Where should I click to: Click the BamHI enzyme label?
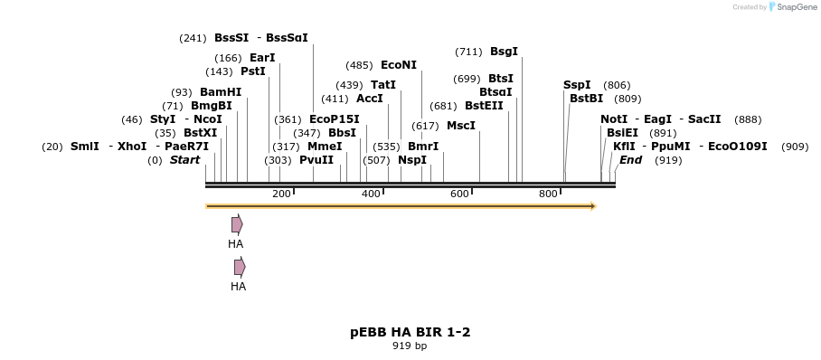pyautogui.click(x=221, y=92)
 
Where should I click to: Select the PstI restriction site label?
pyautogui.click(x=253, y=71)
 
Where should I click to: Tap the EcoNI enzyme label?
pyautogui.click(x=399, y=65)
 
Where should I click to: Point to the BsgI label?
pyautogui.click(x=505, y=52)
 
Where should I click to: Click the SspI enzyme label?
pyautogui.click(x=577, y=85)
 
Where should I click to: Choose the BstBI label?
pyautogui.click(x=586, y=99)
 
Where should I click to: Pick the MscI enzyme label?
pyautogui.click(x=461, y=126)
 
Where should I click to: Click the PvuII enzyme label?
pyautogui.click(x=316, y=160)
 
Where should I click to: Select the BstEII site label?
pyautogui.click(x=484, y=106)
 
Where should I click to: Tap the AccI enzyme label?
pyautogui.click(x=370, y=99)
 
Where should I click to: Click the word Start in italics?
pyautogui.click(x=184, y=160)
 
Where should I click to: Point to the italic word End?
pyautogui.click(x=630, y=160)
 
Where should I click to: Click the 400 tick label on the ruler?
pyautogui.click(x=371, y=194)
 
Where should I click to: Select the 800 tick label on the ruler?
pyautogui.click(x=548, y=194)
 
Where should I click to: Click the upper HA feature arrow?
pyautogui.click(x=237, y=224)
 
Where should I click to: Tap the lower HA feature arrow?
pyautogui.click(x=240, y=267)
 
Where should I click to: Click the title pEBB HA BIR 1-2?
pyautogui.click(x=410, y=332)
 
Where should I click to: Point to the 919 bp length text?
pyautogui.click(x=410, y=346)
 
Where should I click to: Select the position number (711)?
pyautogui.click(x=468, y=52)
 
